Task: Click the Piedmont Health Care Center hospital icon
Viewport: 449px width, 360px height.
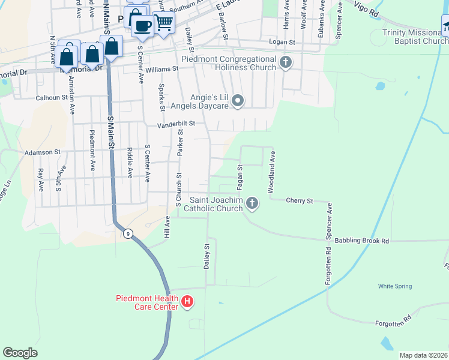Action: (187, 300)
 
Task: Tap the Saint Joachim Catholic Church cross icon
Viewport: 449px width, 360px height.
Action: (252, 203)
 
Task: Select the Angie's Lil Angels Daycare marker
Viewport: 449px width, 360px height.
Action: (238, 101)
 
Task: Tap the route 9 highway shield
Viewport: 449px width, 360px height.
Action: (128, 233)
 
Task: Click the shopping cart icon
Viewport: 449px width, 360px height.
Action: (164, 23)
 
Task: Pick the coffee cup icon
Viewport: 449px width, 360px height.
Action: (143, 26)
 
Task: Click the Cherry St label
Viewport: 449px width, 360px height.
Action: (300, 200)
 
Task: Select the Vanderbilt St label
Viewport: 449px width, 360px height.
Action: (176, 123)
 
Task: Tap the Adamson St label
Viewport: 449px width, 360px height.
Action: (43, 152)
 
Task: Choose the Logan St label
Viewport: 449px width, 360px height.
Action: (282, 43)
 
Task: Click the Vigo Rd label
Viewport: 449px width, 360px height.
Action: (368, 7)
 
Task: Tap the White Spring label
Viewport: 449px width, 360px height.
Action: (394, 286)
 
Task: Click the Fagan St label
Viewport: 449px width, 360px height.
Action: (240, 174)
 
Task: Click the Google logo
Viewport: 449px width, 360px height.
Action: (20, 353)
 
